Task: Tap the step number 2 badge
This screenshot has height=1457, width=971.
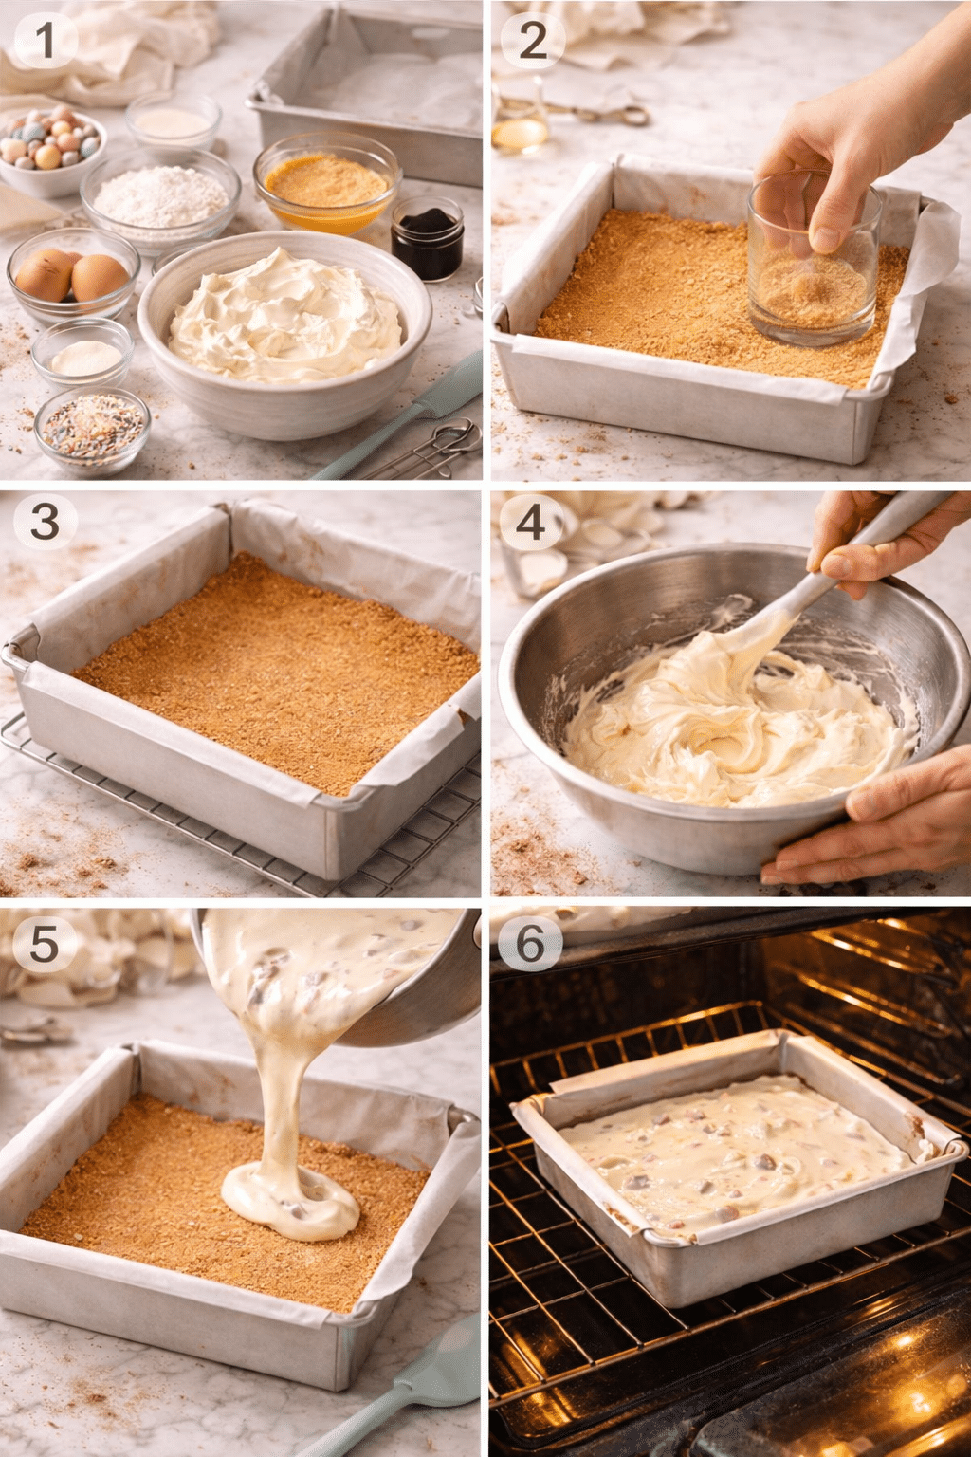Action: [x=533, y=41]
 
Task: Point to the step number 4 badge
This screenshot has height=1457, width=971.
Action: [x=531, y=522]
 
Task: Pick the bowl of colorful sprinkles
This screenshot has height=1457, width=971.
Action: [x=92, y=430]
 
